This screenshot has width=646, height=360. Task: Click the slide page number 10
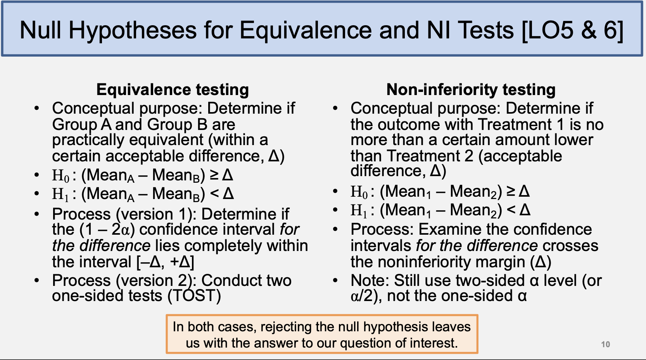pyautogui.click(x=605, y=344)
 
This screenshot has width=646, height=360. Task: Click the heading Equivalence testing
pyautogui.click(x=173, y=90)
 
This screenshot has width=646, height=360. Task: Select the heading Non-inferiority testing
pyautogui.click(x=471, y=90)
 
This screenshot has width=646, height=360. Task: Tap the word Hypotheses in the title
pyautogui.click(x=133, y=30)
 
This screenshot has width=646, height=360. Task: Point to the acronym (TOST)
pyautogui.click(x=194, y=296)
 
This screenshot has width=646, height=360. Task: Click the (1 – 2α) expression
pyautogui.click(x=107, y=230)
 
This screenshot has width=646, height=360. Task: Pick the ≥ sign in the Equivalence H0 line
pyautogui.click(x=214, y=175)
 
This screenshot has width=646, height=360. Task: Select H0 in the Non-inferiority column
pyautogui.click(x=359, y=192)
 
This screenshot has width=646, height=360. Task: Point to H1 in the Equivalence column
pyautogui.click(x=60, y=194)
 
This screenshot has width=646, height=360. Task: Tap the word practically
pyautogui.click(x=88, y=140)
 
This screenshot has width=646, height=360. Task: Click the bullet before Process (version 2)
pyautogui.click(x=36, y=281)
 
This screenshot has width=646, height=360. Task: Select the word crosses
pyautogui.click(x=570, y=246)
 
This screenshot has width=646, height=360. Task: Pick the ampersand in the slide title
pyautogui.click(x=589, y=30)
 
